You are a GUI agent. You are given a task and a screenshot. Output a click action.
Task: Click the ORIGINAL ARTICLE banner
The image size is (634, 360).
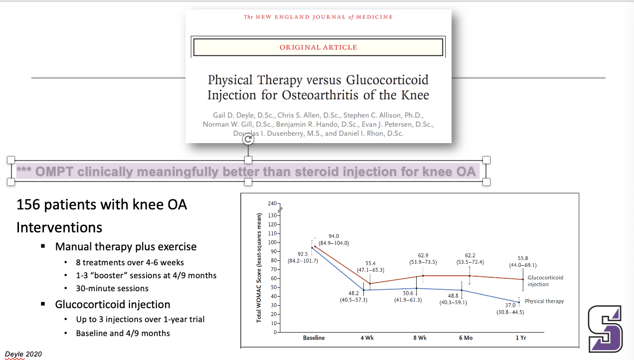click(318, 47)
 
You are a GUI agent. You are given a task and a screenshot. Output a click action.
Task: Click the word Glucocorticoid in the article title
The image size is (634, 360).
click(387, 80)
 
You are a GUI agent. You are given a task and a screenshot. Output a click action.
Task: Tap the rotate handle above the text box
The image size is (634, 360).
click(248, 140)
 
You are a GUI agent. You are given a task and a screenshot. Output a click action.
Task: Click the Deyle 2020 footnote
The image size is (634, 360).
click(23, 354)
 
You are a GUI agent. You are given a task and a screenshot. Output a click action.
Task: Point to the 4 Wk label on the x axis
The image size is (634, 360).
click(367, 338)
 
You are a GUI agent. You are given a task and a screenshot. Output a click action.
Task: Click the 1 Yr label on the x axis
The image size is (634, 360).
click(520, 338)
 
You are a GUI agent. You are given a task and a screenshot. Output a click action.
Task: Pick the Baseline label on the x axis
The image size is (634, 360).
click(314, 338)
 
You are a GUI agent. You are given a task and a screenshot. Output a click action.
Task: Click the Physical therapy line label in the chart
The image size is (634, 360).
click(544, 301)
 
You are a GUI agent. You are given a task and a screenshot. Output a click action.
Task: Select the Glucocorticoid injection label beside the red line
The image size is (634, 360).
click(545, 281)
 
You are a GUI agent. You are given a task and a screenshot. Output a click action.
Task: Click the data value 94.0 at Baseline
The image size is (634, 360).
click(333, 236)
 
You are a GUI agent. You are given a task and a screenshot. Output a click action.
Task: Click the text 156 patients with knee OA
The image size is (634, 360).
click(102, 204)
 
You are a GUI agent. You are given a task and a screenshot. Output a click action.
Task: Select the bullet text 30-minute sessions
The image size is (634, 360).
click(112, 288)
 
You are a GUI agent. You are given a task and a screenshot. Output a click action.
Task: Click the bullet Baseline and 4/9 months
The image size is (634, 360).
click(123, 333)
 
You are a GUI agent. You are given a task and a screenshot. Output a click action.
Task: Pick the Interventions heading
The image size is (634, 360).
click(59, 227)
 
